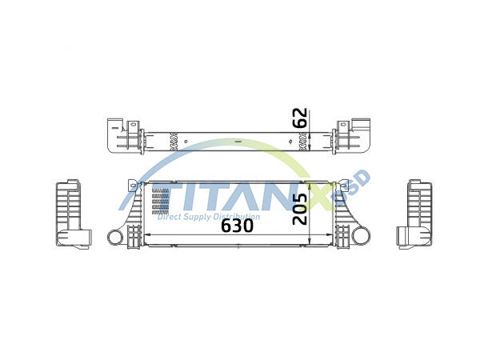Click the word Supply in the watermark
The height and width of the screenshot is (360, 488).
coord(200,217)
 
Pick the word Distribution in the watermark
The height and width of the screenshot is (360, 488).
coord(238,217)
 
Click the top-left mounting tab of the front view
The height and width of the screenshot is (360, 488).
coord(131,186)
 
